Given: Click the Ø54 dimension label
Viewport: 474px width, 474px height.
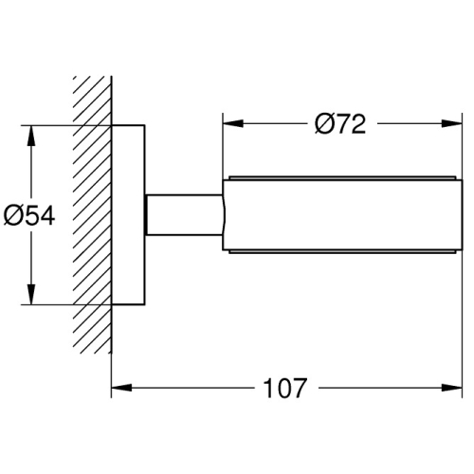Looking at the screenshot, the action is coord(29,215).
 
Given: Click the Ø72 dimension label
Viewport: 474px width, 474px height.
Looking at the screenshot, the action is coord(340,123).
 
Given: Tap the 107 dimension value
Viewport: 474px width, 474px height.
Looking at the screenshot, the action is coord(284,388).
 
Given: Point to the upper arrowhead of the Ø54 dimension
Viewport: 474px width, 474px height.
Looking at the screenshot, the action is coord(31,136).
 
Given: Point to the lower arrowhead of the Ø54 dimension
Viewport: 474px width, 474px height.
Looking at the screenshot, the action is coord(31,294).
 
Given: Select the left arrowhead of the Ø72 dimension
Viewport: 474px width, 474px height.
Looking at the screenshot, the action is coord(233,123).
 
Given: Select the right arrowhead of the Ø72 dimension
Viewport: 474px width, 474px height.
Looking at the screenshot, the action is coord(452,123).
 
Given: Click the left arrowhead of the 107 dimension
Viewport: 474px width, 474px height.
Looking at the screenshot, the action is coord(121,388).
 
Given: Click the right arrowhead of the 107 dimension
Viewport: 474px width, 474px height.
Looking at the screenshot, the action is coord(452,388).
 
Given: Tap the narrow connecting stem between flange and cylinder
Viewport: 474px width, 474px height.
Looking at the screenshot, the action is coord(184,215).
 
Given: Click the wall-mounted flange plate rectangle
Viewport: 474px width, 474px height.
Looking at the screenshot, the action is coord(128,215).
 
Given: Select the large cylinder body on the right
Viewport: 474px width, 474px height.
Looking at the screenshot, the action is coord(342,215).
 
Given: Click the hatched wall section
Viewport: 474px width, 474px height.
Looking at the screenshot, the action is coord(92,214).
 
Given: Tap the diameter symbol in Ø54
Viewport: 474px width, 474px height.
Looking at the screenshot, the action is coord(12,216).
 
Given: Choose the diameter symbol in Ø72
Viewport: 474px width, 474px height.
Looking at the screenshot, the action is coord(324,124).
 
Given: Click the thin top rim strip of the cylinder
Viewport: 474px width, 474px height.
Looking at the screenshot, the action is coord(342,178).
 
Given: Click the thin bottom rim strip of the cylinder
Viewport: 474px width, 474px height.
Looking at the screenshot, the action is coord(342,252).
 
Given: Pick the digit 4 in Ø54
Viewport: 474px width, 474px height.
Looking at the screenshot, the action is coord(47,216).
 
